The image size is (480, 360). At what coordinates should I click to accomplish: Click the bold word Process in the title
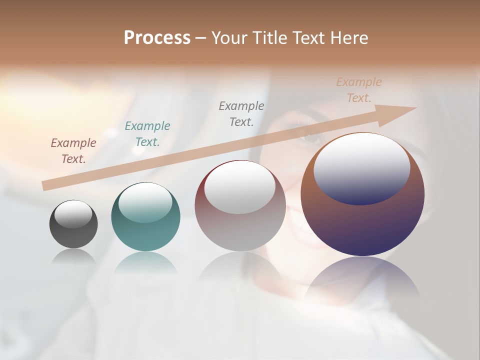157,38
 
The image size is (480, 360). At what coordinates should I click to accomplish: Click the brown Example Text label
73,151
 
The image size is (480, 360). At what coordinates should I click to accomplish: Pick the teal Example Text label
147,134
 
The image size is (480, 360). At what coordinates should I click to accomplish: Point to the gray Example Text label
241,113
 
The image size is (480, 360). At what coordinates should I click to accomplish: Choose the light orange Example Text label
359,90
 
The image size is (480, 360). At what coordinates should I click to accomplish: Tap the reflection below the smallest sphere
73,256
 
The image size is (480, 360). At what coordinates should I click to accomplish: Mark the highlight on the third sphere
240,186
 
